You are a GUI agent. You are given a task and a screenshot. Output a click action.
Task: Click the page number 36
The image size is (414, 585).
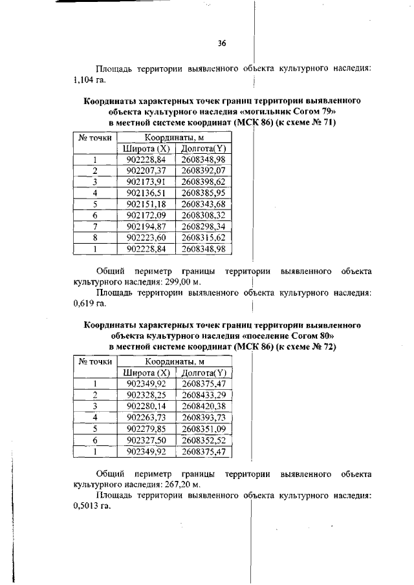222,44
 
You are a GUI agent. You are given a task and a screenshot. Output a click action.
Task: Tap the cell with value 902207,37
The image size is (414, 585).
147,171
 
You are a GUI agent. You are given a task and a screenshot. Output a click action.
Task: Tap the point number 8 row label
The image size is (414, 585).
95,237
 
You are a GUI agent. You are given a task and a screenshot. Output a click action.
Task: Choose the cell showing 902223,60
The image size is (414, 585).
147,237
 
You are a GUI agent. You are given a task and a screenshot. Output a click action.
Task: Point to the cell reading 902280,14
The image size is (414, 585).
147,406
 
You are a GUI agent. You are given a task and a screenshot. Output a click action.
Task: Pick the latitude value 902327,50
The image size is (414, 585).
147,440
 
